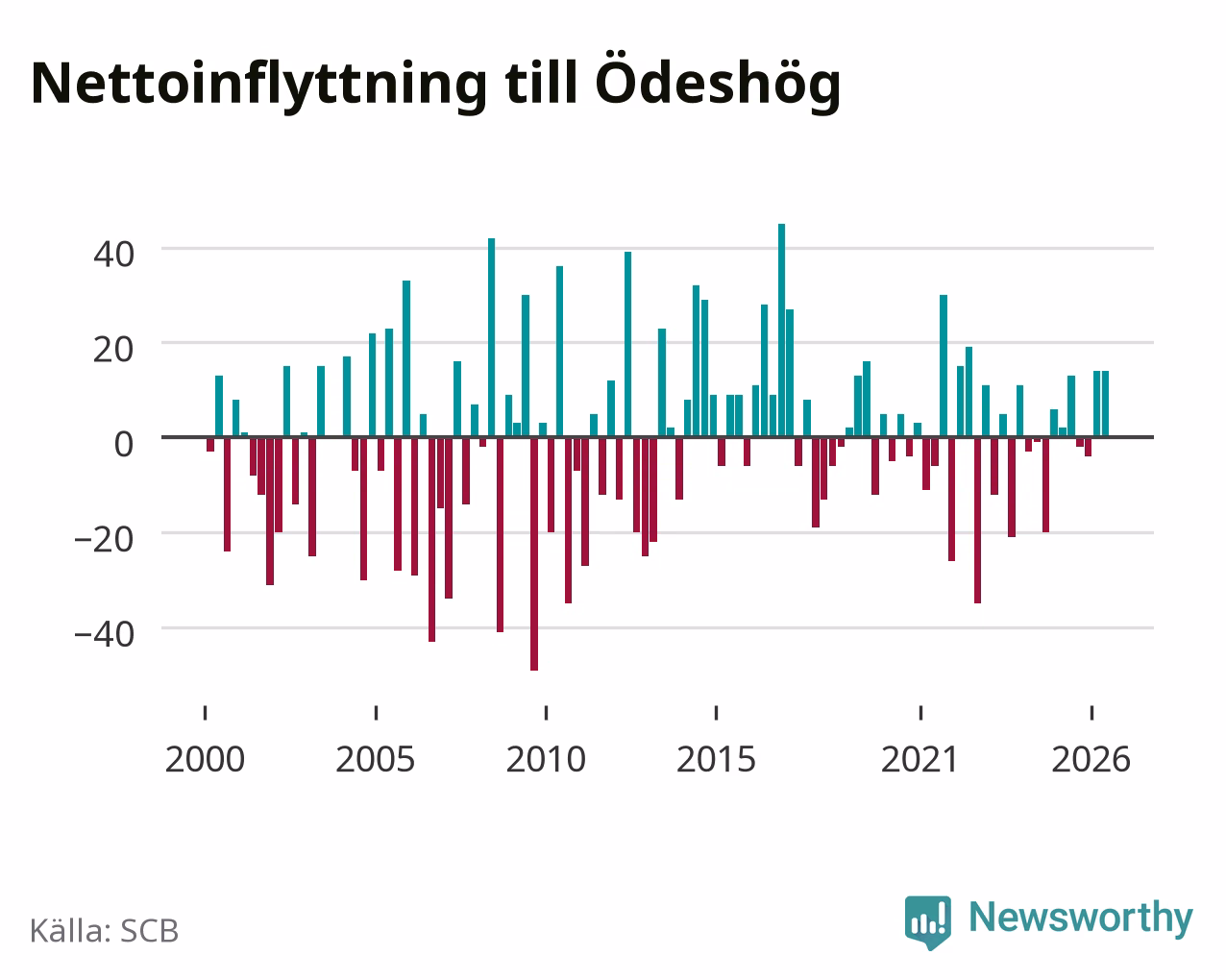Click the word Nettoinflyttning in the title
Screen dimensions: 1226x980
pos(258,84)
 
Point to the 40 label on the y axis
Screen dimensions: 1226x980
pos(114,254)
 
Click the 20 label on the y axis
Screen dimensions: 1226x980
pos(114,350)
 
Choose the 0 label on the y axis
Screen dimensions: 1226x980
pos(124,444)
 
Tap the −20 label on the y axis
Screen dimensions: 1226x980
pos(105,539)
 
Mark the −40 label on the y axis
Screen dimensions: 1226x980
pos(105,634)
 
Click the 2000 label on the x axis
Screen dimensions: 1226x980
pos(205,759)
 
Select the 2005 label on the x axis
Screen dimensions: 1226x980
pos(376,759)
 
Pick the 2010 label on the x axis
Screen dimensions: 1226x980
pos(546,759)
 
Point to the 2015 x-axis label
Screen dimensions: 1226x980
pos(716,759)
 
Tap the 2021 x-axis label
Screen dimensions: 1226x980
pos(920,759)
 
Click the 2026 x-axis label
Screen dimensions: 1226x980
pos(1091,759)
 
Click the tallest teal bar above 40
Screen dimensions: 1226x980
pos(782,331)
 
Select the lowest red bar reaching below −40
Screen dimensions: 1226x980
pos(534,553)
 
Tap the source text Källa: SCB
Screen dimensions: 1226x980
pos(105,931)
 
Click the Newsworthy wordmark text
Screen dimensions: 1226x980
pos(1081,919)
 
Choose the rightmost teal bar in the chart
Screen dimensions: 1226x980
pos(1105,404)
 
